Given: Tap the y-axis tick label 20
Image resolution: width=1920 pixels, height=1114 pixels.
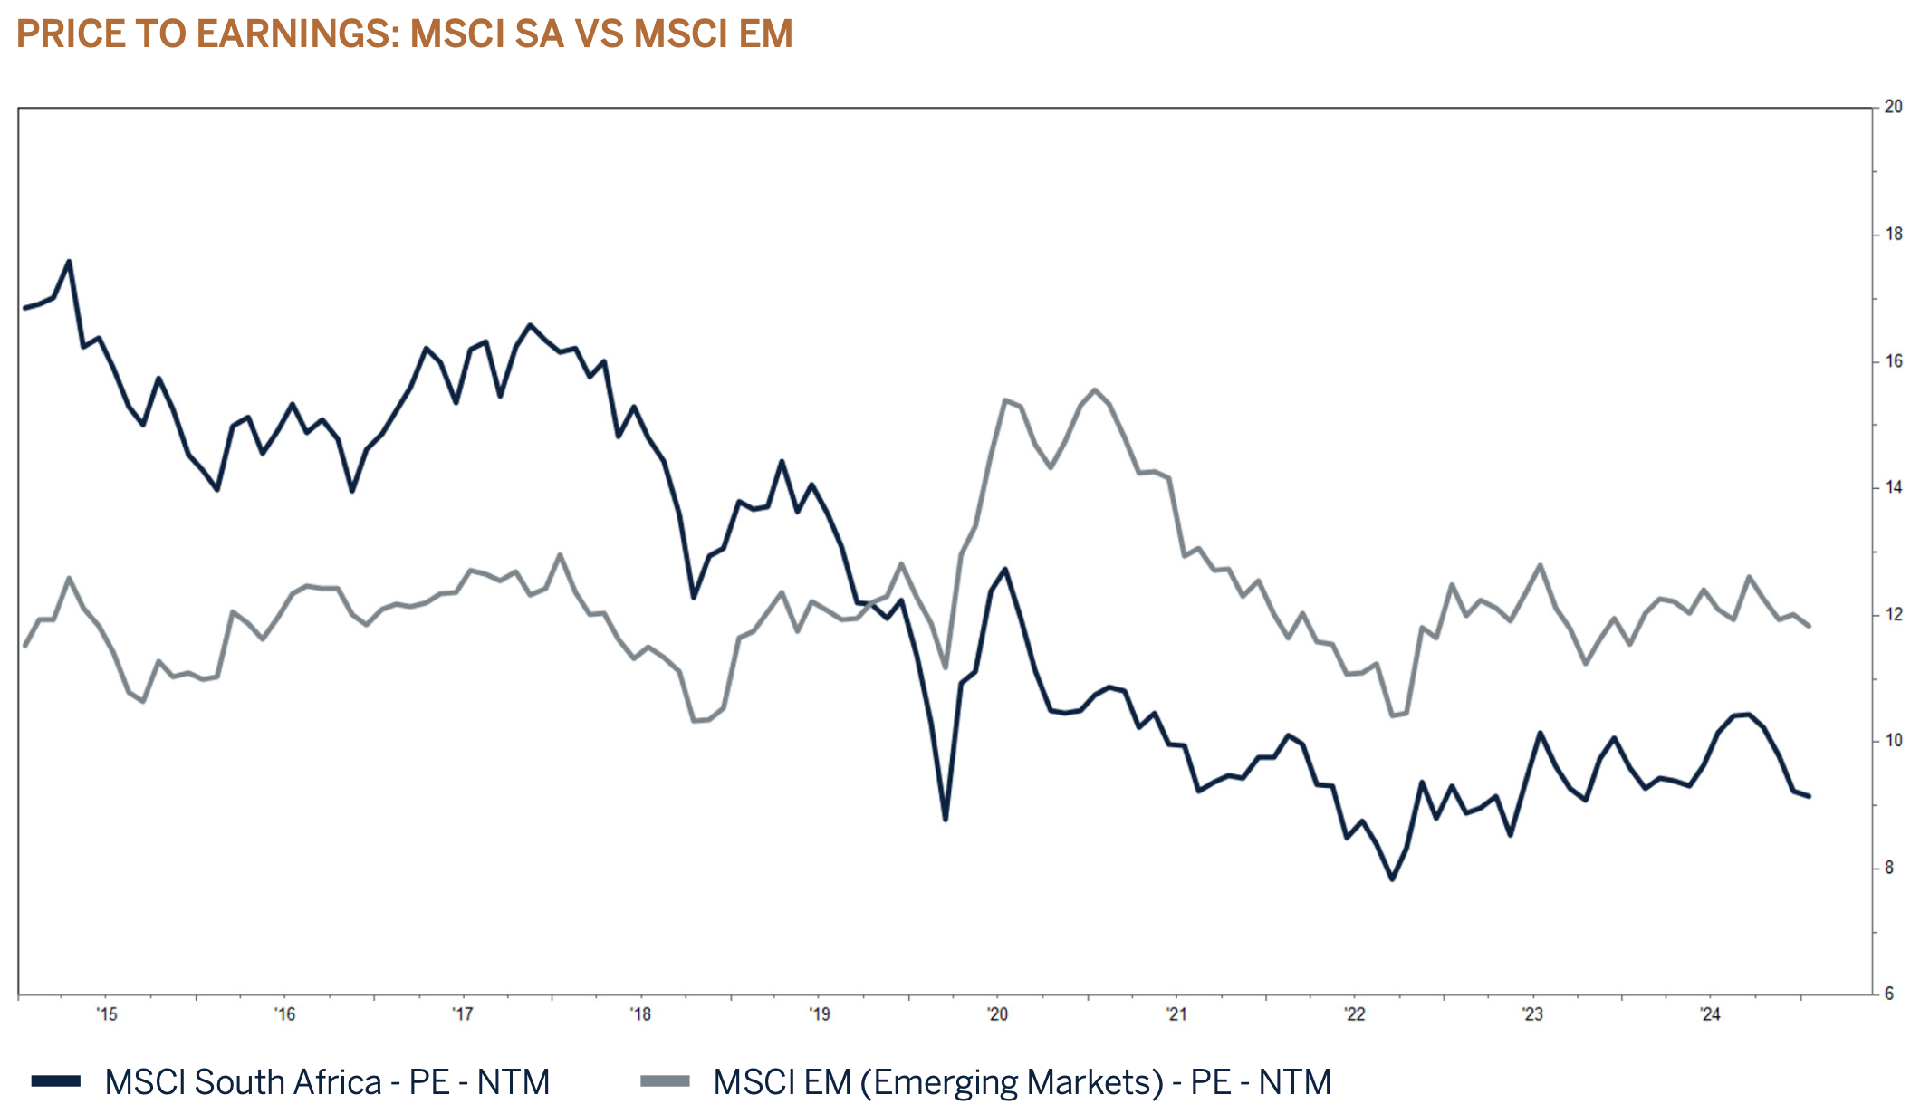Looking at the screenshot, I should coord(1893,107).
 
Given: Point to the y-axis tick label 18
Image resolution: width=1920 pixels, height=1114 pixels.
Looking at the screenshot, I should coord(1893,234).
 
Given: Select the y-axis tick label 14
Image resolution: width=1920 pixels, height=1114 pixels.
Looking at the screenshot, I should coord(1893,487).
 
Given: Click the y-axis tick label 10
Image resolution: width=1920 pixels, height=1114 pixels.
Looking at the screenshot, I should coord(1893,741).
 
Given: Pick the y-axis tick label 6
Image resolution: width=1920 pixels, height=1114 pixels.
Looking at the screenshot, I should coord(1889,994).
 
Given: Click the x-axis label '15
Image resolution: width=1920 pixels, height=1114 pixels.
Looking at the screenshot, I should coord(107,1014).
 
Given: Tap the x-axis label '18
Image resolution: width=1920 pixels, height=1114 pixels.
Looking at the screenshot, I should coord(640,1014).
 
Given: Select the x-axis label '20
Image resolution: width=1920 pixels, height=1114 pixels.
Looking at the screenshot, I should coord(997,1014).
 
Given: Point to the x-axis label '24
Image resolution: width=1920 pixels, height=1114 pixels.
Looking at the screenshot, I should coord(1710,1014).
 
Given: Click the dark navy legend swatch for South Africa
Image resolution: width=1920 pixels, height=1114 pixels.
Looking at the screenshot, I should coord(56,1081).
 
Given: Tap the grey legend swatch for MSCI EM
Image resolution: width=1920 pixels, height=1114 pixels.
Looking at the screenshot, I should coord(665,1081).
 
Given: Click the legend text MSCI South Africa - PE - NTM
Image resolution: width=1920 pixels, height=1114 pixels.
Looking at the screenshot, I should coord(327,1082).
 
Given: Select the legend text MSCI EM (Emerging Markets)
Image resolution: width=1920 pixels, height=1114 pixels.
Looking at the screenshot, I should coord(938,1082).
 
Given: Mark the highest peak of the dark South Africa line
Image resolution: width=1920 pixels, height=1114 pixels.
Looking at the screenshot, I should coord(69,262).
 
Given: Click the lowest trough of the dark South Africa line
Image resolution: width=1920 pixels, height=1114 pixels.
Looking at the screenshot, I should coord(1392,879).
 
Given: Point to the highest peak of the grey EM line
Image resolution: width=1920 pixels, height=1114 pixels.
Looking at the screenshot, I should coord(1095,390).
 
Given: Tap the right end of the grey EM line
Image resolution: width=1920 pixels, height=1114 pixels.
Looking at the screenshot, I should coord(1809,626).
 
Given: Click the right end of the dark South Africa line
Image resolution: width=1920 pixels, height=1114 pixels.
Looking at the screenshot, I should coord(1809,796).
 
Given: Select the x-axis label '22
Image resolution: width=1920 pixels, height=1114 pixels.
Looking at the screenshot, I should coord(1354,1014).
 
